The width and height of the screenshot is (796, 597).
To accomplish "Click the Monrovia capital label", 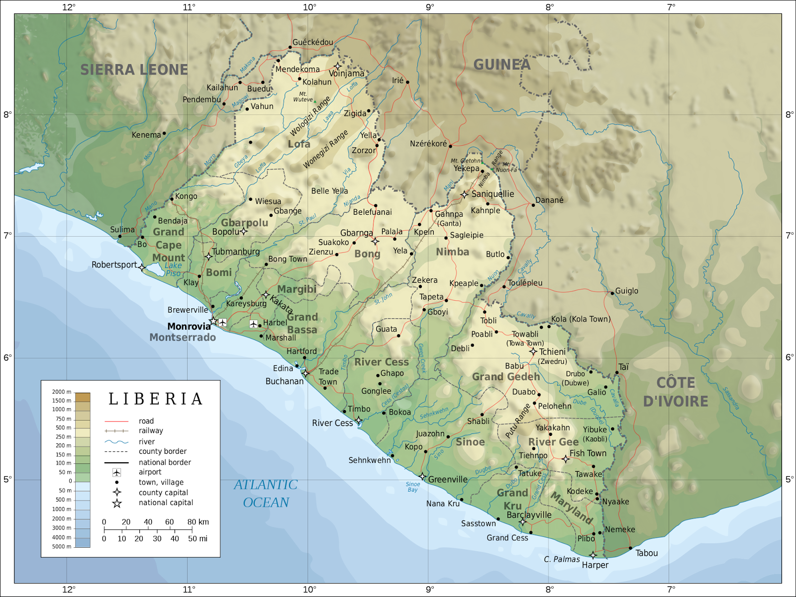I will coord(189,327).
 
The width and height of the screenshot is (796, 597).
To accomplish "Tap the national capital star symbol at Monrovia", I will coord(213,321).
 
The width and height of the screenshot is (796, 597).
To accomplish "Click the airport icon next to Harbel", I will coord(254,324).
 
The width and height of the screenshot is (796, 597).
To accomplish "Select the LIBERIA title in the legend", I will coord(156,399).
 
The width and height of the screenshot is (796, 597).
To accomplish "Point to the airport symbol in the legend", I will coord(116,472).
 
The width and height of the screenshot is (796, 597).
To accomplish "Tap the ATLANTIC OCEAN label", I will coord(266,494).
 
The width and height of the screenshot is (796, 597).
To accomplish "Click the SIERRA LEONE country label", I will coord(134,70).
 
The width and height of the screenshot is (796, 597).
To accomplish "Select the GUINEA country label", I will coord(501,65).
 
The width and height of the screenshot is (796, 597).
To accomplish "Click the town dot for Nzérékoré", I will coord(450,146).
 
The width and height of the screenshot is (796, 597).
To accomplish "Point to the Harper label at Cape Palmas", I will coord(595,565).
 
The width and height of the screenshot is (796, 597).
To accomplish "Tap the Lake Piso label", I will coord(174,269).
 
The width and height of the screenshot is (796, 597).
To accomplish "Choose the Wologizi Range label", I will coord(310,117).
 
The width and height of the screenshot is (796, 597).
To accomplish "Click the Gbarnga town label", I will coord(356,233).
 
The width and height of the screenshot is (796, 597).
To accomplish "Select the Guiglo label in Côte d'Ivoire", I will coord(626,291).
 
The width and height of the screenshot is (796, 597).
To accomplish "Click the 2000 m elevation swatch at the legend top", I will coord(82,397).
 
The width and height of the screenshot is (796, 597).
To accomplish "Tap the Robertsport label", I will coord(114,265).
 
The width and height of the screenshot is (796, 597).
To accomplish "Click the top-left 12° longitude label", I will coord(69,7).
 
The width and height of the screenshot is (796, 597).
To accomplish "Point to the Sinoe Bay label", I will coord(412,487).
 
